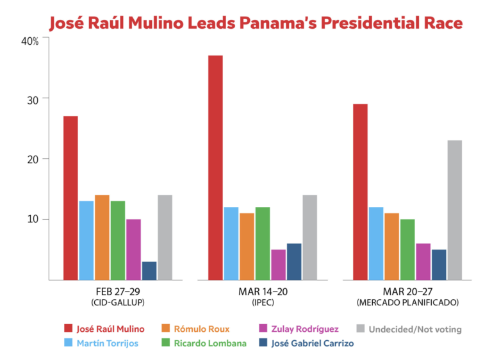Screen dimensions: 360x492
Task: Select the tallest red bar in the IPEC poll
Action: coord(215,167)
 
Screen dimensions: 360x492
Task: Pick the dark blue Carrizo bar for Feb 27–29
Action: coord(149,270)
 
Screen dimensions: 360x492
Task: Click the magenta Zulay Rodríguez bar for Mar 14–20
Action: coord(278,264)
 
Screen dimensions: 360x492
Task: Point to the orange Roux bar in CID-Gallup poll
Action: coord(102,237)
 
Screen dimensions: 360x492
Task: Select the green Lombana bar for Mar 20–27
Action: coord(407,249)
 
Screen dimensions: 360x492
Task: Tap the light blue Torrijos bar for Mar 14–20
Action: coord(231,243)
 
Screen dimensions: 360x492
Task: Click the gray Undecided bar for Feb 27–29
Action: coord(165,237)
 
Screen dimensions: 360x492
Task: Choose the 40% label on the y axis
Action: coord(30,40)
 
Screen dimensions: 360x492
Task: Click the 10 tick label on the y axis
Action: coord(33,219)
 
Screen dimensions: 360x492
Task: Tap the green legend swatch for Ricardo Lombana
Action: coord(165,343)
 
